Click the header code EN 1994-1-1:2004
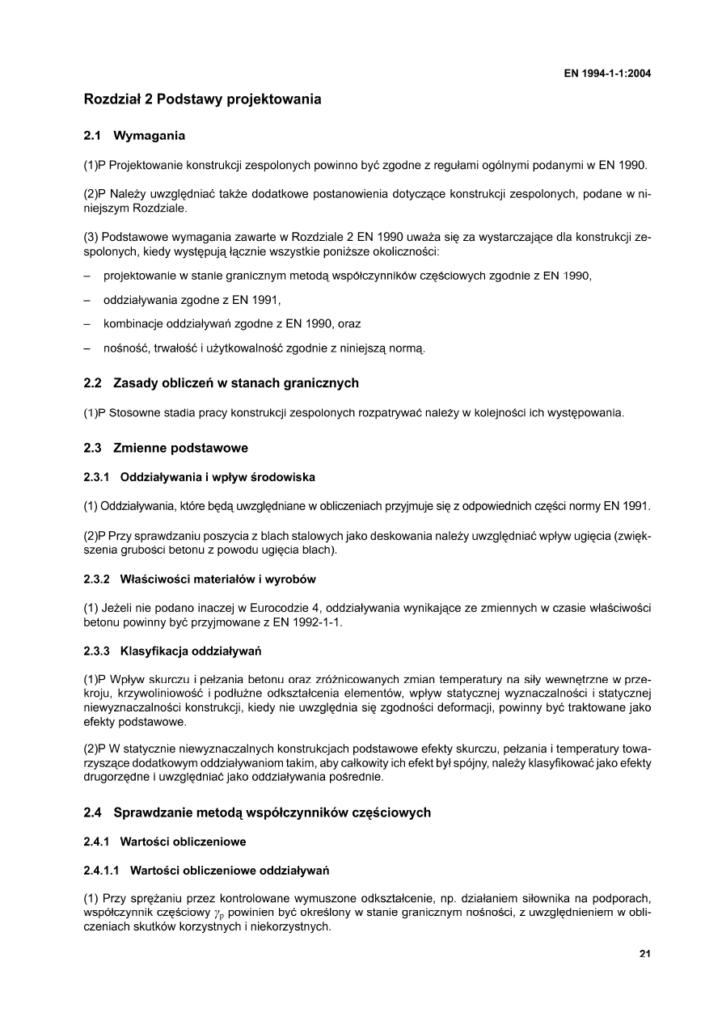[607, 74]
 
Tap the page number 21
[644, 953]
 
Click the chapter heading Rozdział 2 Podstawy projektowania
[202, 99]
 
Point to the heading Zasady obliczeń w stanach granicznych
[236, 382]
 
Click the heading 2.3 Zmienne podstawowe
[166, 448]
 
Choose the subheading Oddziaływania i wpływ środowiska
[217, 477]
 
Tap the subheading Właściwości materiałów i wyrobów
[217, 579]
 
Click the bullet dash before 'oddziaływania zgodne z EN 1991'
[87, 301]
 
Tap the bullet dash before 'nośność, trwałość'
[87, 349]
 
